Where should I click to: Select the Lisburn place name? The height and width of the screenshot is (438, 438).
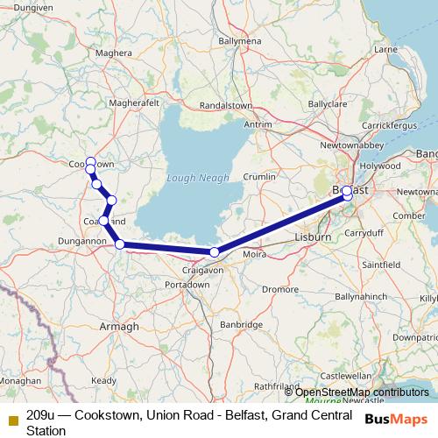click(x=314, y=237)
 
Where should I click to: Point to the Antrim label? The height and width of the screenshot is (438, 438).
click(x=258, y=124)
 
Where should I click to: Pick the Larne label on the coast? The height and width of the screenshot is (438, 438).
click(x=386, y=50)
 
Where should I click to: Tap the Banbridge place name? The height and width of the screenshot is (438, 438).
click(x=242, y=324)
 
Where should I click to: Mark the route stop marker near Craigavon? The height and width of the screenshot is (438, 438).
click(x=215, y=252)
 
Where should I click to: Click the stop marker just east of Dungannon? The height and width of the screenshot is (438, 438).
click(x=120, y=244)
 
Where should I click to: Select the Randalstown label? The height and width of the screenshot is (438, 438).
click(x=226, y=104)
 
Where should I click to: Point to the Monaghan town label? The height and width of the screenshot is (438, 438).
click(x=19, y=381)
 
